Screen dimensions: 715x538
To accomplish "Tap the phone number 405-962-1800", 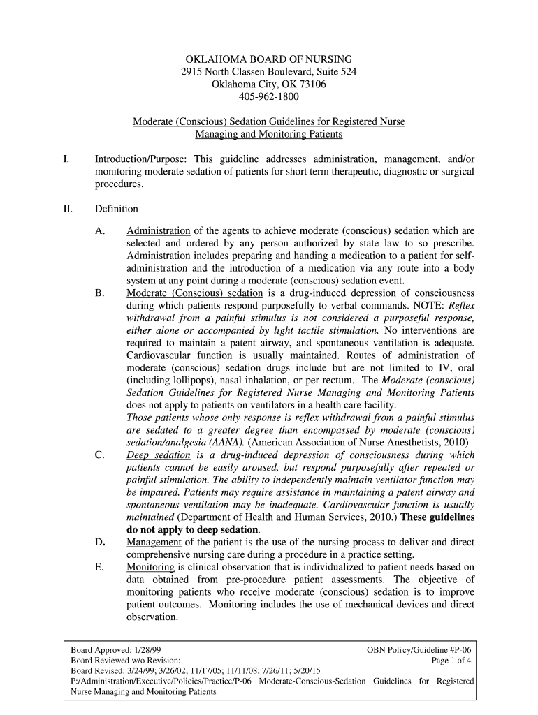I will pyautogui.click(x=269, y=97).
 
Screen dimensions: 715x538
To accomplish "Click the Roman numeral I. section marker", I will pyautogui.click(x=66, y=160).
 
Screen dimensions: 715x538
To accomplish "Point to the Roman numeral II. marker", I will pyautogui.click(x=67, y=209).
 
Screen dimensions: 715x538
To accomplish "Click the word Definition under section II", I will pyautogui.click(x=117, y=209).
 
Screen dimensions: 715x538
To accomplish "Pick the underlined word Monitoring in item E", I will pyautogui.click(x=150, y=567).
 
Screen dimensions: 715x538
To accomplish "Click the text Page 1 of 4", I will pyautogui.click(x=453, y=660).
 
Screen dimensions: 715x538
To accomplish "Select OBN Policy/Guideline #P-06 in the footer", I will pyautogui.click(x=423, y=649).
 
